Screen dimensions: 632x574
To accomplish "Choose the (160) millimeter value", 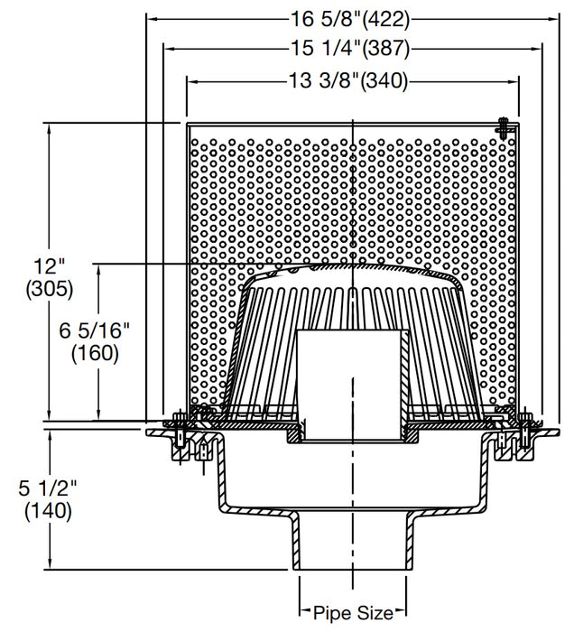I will (x=94, y=354).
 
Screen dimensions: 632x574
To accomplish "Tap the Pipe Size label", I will (x=351, y=613).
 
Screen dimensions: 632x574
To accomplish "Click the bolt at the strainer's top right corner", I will (x=504, y=127).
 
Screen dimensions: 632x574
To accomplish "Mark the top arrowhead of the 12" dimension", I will (x=51, y=127).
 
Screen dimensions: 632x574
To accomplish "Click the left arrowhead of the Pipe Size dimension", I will (x=304, y=613).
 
